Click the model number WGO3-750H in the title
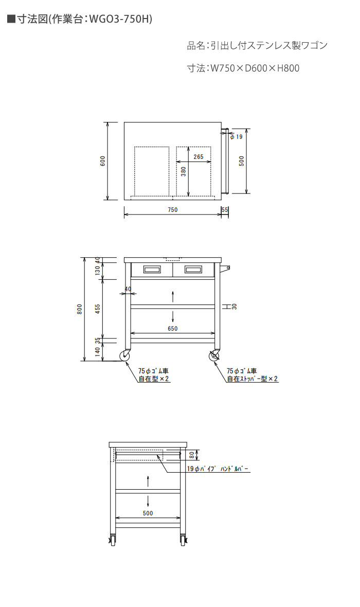[120, 19]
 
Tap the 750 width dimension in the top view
[173, 210]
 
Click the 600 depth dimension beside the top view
[102, 161]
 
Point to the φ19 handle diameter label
[237, 137]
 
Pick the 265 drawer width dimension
[198, 157]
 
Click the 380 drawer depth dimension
[184, 171]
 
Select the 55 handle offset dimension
[225, 210]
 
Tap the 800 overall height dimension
[79, 309]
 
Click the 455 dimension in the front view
[98, 309]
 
